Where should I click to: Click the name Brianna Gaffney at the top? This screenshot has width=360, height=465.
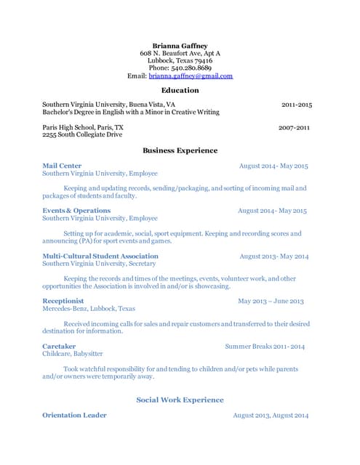(x=180, y=45)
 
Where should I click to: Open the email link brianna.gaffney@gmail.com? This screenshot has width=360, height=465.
(x=191, y=76)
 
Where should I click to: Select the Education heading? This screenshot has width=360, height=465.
(x=180, y=90)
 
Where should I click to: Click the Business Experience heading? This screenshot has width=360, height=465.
(x=180, y=150)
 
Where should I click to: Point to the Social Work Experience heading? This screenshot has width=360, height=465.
(x=180, y=400)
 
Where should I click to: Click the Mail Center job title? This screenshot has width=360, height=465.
(x=62, y=166)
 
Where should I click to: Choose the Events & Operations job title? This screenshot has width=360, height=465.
(x=76, y=211)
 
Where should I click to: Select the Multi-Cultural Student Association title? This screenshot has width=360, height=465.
(x=100, y=256)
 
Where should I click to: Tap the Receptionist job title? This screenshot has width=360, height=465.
(x=63, y=301)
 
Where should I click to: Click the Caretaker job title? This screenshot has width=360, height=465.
(x=59, y=347)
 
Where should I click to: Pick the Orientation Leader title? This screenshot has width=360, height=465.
(x=74, y=415)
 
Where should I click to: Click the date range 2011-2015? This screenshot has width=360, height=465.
(x=296, y=105)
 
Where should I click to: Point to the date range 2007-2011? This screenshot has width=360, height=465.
(x=294, y=127)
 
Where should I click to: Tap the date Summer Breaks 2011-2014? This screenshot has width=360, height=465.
(x=265, y=347)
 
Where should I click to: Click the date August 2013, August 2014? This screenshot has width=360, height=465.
(x=271, y=415)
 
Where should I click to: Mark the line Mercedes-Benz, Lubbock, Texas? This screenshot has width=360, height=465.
(x=89, y=308)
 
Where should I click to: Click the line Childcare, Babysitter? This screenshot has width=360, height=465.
(x=73, y=354)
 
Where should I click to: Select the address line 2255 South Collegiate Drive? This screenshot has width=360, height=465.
(x=81, y=134)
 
